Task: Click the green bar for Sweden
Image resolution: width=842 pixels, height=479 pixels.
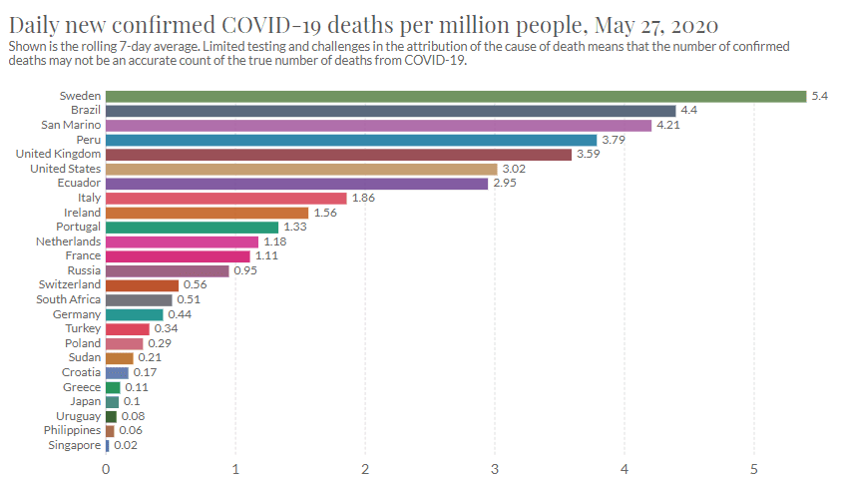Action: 455,96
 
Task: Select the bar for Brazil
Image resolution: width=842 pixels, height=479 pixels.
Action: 390,111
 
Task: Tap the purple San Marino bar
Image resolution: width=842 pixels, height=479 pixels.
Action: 378,126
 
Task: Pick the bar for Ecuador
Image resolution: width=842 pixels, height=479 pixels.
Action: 296,184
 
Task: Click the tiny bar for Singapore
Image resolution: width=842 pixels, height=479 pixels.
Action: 107,445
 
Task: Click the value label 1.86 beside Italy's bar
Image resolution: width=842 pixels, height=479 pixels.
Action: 364,199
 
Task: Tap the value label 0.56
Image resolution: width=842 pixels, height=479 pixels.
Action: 196,285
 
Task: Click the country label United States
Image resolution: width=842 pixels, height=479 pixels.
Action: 66,169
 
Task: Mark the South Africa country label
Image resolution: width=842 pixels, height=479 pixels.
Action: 68,299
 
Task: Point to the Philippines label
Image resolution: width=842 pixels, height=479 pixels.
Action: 72,430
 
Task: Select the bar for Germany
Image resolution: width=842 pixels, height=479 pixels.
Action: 134,314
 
